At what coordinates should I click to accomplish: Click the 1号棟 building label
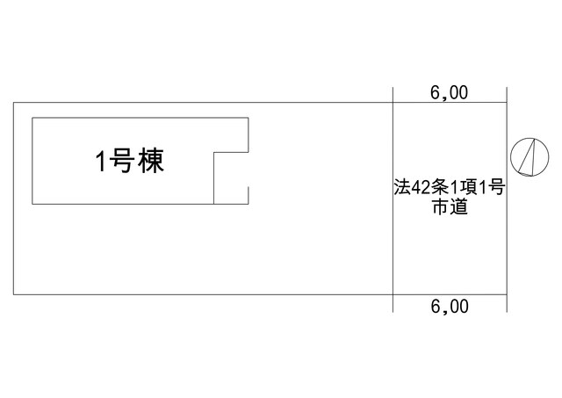pos(130,161)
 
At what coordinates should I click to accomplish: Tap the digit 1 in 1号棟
pos(101,161)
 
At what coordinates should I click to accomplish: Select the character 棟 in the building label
pos(151,161)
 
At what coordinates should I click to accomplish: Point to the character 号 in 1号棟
pos(121,161)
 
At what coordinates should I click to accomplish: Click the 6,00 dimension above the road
pos(449,93)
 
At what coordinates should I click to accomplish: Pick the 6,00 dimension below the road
pos(450,307)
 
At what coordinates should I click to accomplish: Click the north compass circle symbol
pos(530,157)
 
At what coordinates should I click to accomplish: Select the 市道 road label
pos(450,206)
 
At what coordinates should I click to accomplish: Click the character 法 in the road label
pos(402,187)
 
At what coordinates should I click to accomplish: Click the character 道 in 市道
pos(459,206)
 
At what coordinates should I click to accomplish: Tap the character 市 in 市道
pos(441,206)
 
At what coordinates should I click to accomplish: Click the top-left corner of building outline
pos(32,118)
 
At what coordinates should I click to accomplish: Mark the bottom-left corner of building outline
pos(32,204)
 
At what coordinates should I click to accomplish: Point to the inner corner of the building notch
pos(214,152)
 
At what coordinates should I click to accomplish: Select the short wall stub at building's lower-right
pos(249,195)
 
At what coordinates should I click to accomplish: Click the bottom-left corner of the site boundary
pos(14,294)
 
